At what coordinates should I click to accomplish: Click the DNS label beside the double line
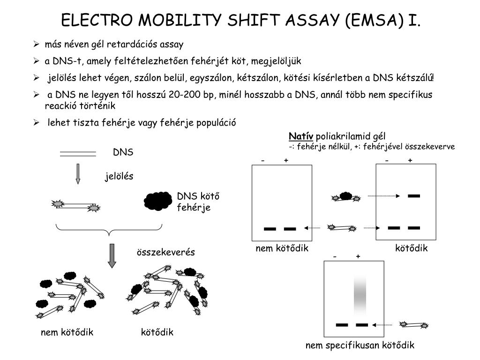(123, 152)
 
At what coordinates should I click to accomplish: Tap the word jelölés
(119, 176)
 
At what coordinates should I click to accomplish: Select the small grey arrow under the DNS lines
(78, 173)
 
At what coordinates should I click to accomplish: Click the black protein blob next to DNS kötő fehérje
(157, 201)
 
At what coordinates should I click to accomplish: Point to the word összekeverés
(165, 253)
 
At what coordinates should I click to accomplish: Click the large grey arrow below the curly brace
(112, 256)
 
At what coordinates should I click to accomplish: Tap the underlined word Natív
(301, 136)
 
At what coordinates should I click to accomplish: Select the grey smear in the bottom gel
(360, 295)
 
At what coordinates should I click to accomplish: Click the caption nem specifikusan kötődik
(360, 345)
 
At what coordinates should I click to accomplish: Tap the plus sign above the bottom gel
(358, 256)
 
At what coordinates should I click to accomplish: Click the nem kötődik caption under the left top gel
(282, 248)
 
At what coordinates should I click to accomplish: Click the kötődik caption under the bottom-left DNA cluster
(157, 332)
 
